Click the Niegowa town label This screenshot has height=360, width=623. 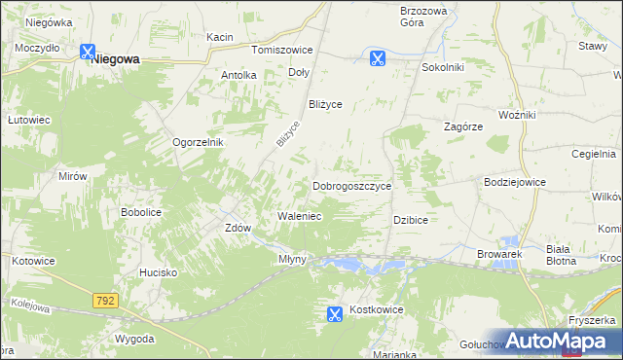coord(115,58)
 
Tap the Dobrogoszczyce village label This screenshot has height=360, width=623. coord(351,186)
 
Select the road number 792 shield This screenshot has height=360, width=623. coord(106,302)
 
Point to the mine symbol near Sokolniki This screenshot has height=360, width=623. coord(378,58)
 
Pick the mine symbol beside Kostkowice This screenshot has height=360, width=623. coord(334,313)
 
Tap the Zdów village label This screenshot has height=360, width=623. coord(238,229)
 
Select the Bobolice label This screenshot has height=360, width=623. coord(139,211)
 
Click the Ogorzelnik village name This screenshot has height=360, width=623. coord(199,142)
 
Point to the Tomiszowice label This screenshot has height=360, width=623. coord(281,50)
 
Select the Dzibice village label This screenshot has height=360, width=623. coord(411,221)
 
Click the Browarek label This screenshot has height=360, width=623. coord(500,254)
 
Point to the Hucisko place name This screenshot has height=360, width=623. coord(157,273)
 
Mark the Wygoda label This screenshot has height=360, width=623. coord(134,339)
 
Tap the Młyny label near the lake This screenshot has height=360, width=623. coord(292,259)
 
